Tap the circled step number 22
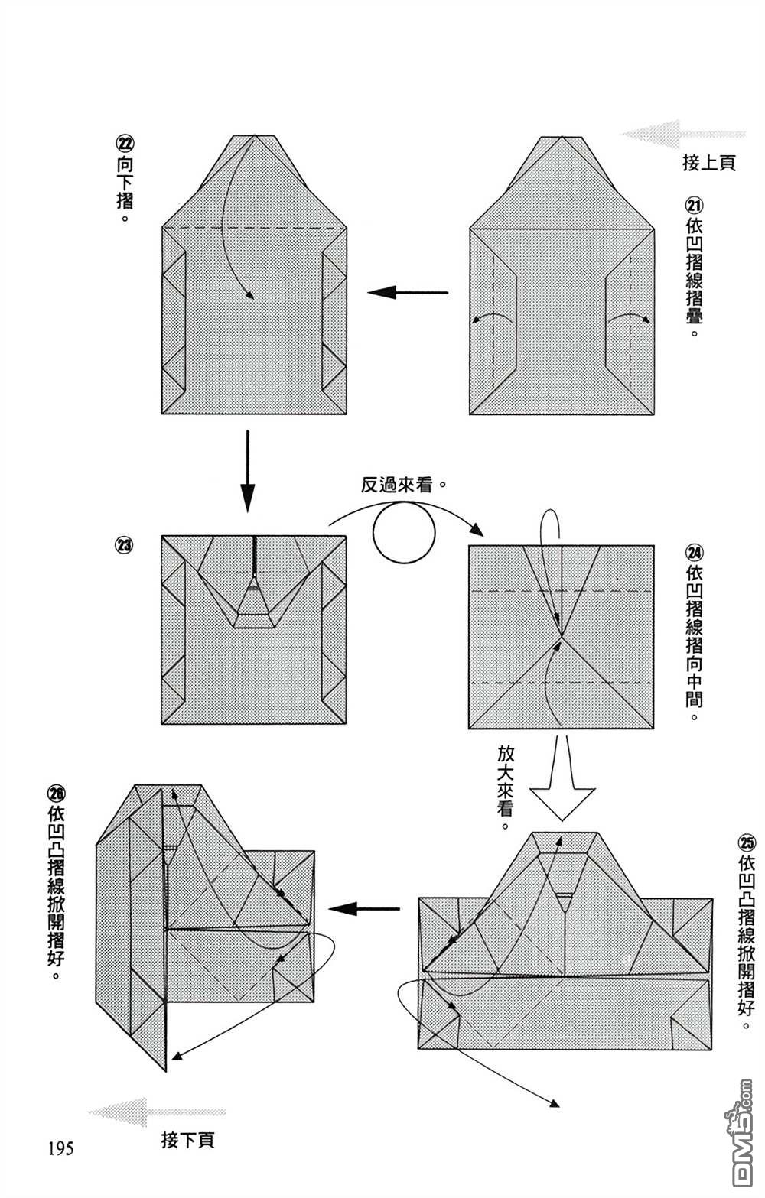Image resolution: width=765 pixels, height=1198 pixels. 124,143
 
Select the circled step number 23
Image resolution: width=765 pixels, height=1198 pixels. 124,546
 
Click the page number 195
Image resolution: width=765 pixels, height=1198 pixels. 60,1148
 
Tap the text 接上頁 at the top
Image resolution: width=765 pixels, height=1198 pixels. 708,163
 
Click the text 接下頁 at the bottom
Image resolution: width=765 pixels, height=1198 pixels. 188,1140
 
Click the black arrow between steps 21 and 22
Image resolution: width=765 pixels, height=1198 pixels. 407,292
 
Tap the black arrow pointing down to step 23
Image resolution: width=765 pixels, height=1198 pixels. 246,471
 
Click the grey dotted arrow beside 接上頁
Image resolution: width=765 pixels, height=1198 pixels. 681,134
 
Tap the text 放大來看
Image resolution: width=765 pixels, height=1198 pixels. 506,787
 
